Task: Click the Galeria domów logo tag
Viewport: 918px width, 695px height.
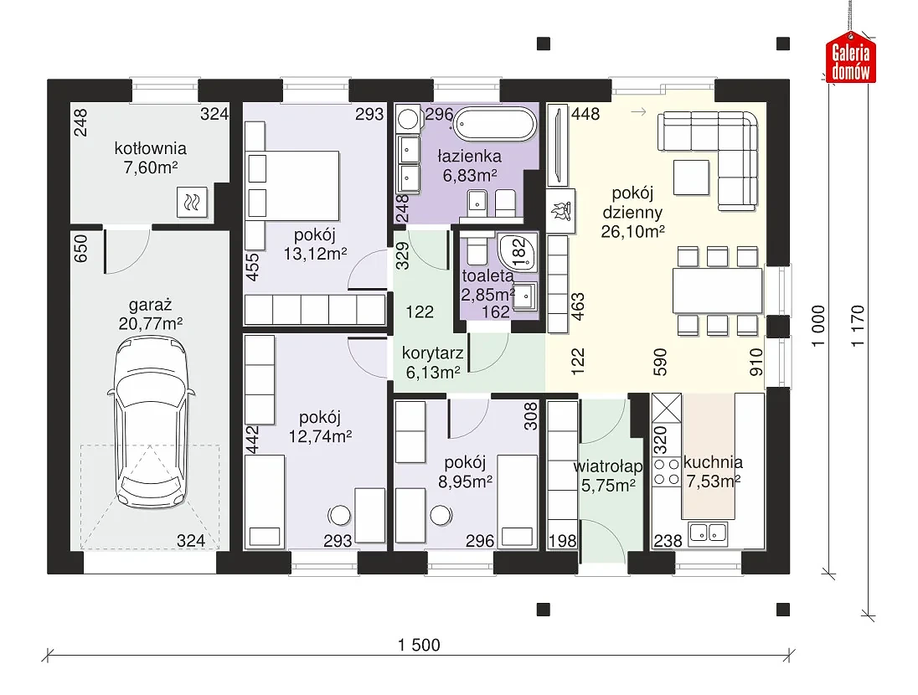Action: click(851, 58)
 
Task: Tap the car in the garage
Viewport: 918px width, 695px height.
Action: click(151, 424)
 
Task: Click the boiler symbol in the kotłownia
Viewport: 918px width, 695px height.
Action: click(192, 203)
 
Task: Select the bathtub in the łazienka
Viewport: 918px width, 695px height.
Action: click(495, 124)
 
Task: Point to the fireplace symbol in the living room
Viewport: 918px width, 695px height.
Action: click(561, 211)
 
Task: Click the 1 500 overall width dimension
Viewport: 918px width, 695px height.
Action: click(419, 646)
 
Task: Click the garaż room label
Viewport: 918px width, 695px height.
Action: click(151, 305)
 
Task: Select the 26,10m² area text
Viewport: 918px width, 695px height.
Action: click(633, 232)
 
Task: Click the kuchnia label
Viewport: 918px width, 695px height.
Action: click(713, 462)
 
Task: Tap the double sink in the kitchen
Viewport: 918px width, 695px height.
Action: click(709, 533)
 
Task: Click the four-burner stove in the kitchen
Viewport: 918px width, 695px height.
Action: click(666, 472)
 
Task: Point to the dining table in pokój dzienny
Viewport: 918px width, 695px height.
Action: click(718, 291)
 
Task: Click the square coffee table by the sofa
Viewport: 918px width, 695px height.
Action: click(691, 178)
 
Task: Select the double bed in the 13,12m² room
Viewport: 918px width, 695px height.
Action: click(291, 186)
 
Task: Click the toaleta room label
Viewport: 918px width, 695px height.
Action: click(487, 275)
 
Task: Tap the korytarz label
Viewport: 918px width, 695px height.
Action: click(433, 353)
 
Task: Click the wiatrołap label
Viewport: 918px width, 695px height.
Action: click(608, 466)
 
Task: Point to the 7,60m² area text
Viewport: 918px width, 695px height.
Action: click(151, 167)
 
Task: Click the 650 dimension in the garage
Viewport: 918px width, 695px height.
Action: click(80, 248)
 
